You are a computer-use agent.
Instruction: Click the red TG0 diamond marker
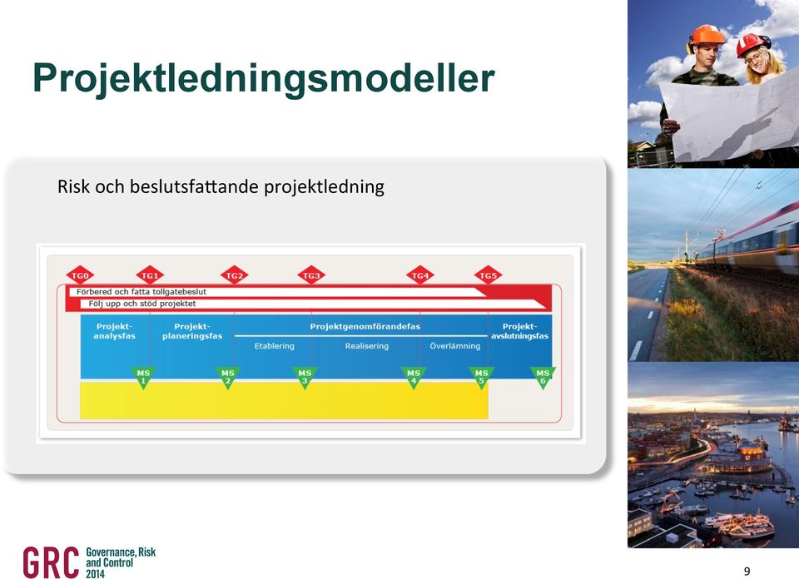[x=80, y=275]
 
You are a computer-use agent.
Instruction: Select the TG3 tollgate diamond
[x=311, y=275]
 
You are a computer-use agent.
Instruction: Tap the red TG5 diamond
[x=489, y=275]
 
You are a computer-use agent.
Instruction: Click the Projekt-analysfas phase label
[x=115, y=331]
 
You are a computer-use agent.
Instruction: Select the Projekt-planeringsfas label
[x=192, y=331]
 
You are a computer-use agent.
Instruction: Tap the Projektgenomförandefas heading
[x=365, y=326]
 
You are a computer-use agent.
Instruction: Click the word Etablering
[x=275, y=346]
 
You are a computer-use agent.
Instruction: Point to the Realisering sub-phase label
[x=367, y=346]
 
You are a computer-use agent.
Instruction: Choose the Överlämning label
[x=455, y=346]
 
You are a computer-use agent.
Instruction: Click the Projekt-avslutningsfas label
[x=519, y=331]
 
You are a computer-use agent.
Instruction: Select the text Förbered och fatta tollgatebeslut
[x=141, y=292]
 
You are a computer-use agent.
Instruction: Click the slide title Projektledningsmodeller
[x=264, y=78]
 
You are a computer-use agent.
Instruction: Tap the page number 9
[x=747, y=571]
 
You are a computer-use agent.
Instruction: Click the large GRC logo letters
[x=51, y=562]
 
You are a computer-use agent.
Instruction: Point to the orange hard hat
[x=707, y=35]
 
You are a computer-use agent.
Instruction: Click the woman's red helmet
[x=751, y=45]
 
